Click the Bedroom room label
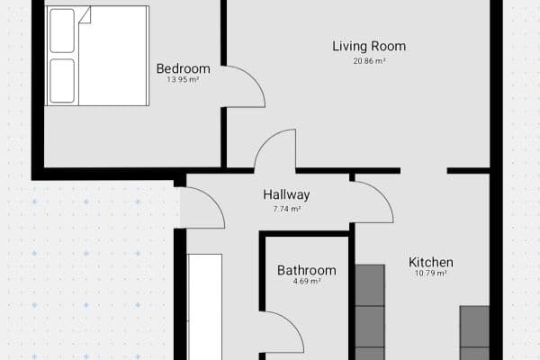(x=184, y=68)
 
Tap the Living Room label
(x=369, y=46)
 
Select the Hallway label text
(x=286, y=195)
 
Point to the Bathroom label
(x=307, y=270)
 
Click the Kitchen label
(x=431, y=263)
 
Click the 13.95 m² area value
(x=183, y=79)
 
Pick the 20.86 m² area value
(x=369, y=61)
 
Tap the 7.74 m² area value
(x=287, y=209)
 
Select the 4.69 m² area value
(x=307, y=281)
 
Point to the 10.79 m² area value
(x=431, y=274)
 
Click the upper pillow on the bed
(x=62, y=31)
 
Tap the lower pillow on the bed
(x=62, y=81)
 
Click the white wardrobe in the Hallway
(x=205, y=307)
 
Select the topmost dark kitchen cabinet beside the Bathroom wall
(x=370, y=285)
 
